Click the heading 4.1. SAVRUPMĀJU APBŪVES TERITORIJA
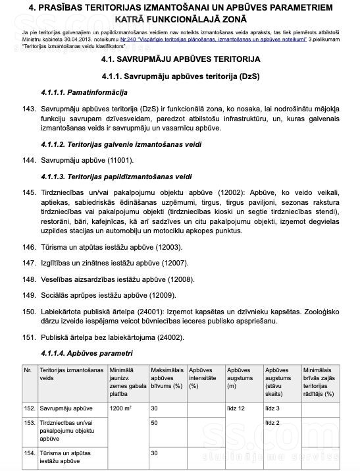[180, 59]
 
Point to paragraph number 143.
[28, 107]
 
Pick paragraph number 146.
[28, 247]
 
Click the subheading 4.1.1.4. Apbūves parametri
[81, 354]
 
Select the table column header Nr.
[28, 370]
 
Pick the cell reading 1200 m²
[121, 408]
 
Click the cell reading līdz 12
[236, 408]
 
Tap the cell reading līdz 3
[272, 408]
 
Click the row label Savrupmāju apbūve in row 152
[66, 408]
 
